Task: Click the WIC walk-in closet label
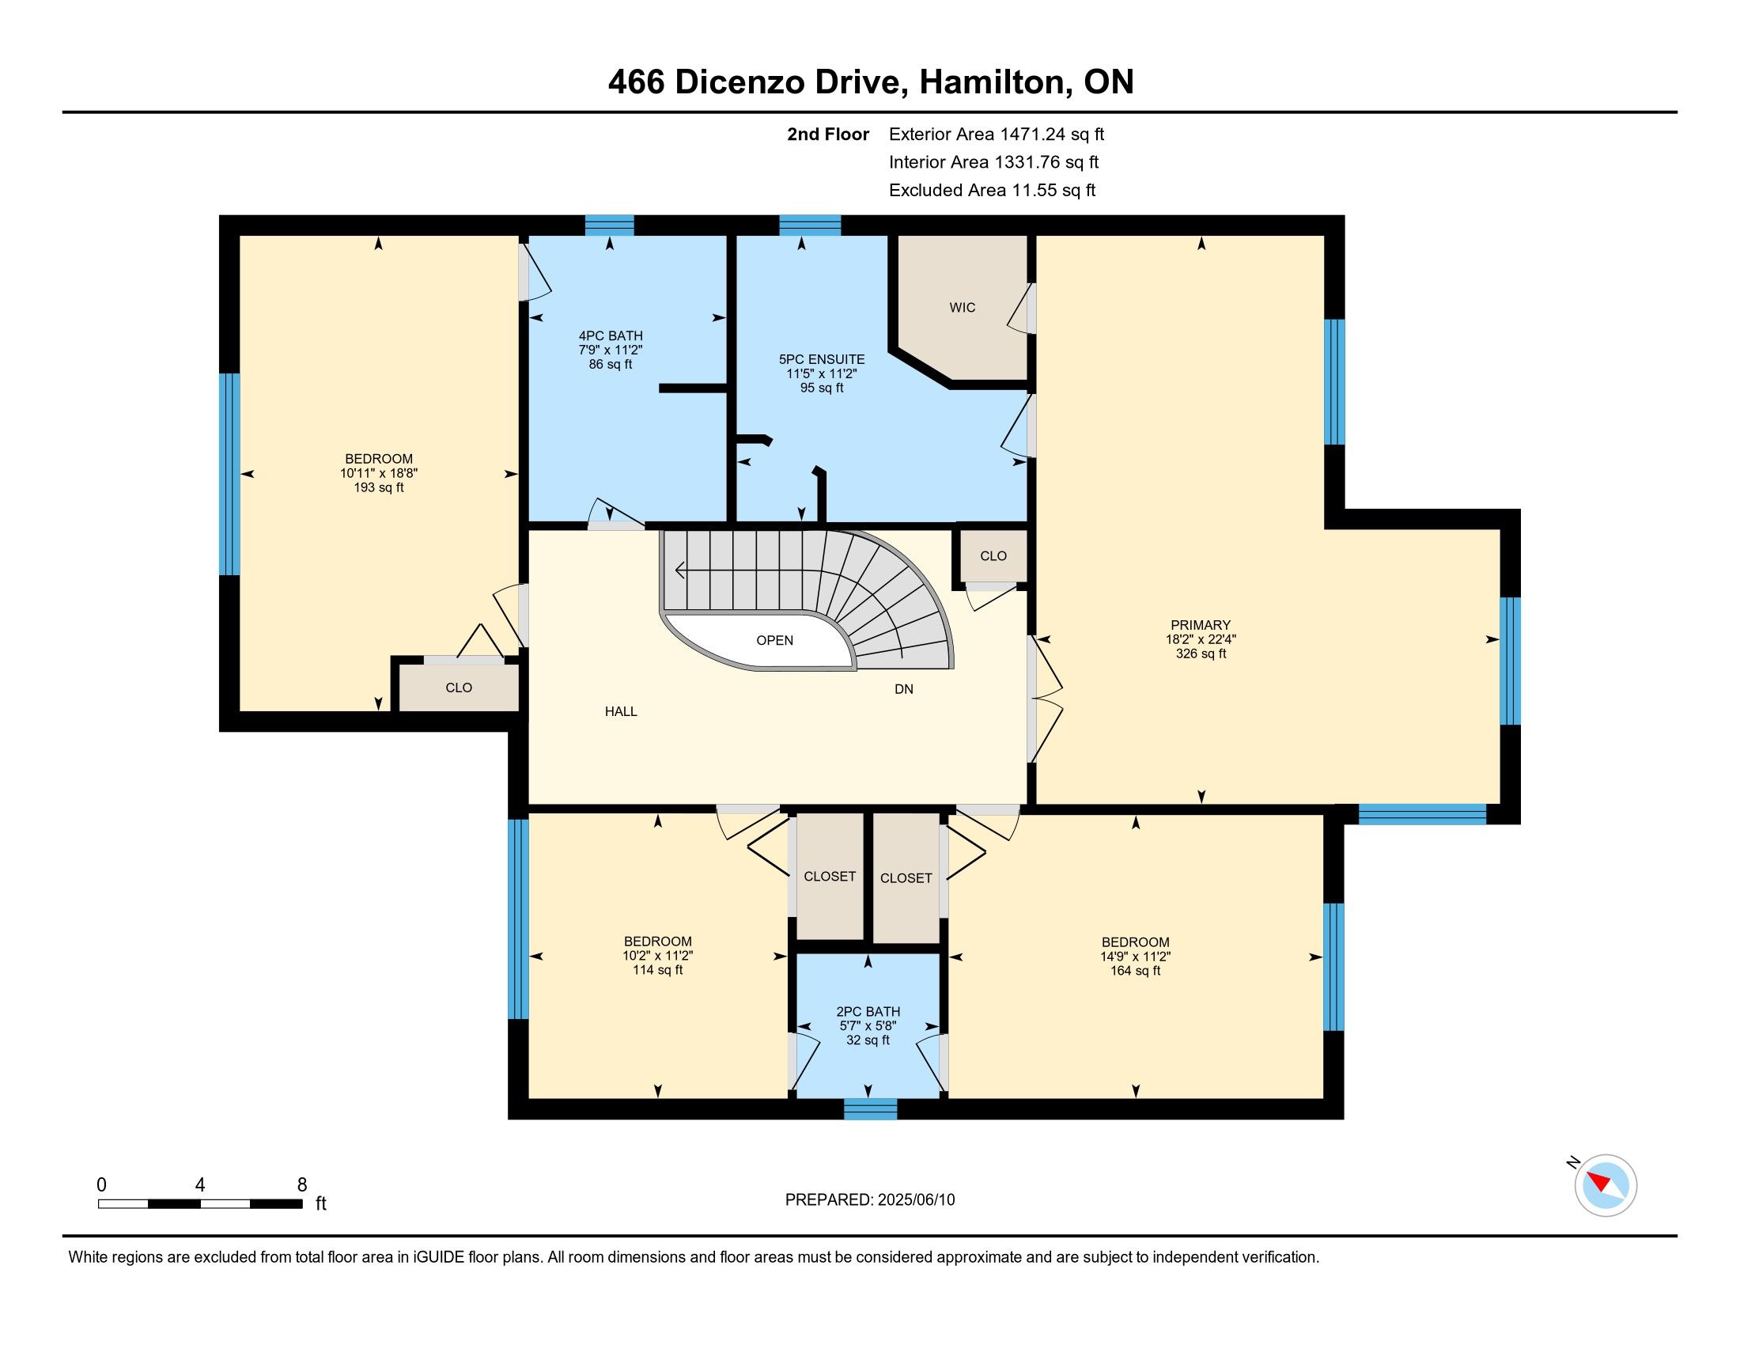962,308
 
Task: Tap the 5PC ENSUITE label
822,359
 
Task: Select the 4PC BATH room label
611,336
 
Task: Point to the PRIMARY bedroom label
1201,626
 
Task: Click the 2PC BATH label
868,1011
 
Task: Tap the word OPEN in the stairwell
774,641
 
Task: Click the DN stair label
903,689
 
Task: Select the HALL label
621,711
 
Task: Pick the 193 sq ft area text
378,487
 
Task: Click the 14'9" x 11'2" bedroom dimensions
1135,957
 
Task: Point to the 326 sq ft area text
1201,654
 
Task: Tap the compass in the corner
1606,1185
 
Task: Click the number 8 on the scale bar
302,1185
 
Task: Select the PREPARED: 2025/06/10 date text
870,1200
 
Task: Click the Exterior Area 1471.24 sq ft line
997,134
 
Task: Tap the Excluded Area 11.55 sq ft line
992,191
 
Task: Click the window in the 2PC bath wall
870,1109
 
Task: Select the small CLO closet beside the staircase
993,556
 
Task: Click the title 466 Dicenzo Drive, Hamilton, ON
871,82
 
